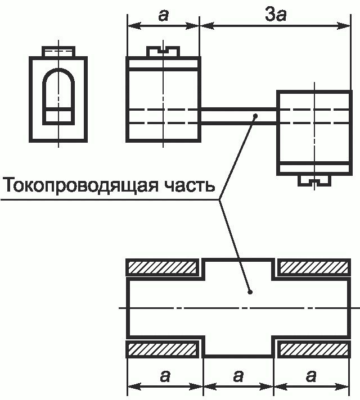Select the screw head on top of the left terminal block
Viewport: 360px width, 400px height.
(163, 51)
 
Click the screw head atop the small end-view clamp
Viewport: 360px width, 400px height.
(58, 51)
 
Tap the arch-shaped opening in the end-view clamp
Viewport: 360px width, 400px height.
(58, 90)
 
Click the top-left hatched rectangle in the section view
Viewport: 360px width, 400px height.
(164, 267)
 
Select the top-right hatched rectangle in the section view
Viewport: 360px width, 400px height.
(314, 267)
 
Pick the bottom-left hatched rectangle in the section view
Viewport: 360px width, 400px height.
(164, 349)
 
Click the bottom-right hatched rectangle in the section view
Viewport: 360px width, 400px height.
(314, 349)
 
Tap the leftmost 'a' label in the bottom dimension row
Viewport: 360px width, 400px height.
(164, 376)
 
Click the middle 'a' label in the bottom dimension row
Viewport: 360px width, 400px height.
(238, 376)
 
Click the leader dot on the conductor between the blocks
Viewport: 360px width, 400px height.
(255, 116)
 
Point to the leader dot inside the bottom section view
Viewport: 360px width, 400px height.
(250, 292)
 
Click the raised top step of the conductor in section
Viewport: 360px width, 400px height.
(238, 265)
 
